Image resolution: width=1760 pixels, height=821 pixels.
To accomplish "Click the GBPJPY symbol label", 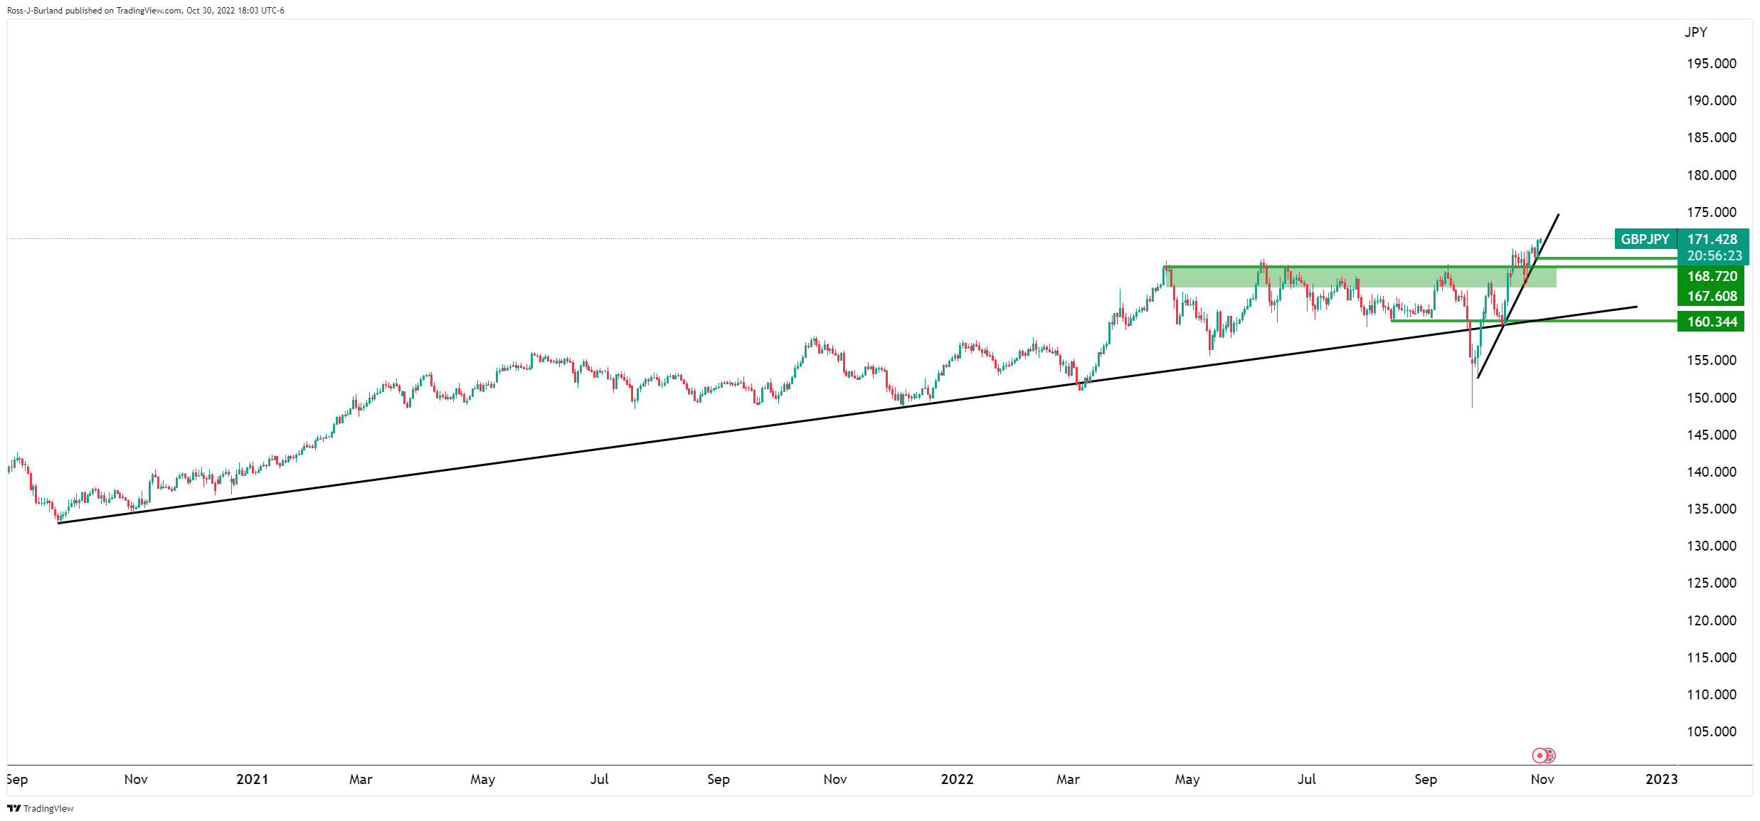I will [x=1645, y=239].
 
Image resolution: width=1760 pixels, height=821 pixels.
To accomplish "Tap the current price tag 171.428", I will [x=1712, y=239].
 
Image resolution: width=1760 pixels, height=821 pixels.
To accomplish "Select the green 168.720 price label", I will [x=1712, y=276].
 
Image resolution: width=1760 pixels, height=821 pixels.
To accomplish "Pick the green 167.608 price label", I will [x=1712, y=296].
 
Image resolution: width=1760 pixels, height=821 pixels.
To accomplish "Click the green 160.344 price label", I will [x=1712, y=322].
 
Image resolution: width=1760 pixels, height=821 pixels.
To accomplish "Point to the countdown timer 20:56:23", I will [x=1714, y=255].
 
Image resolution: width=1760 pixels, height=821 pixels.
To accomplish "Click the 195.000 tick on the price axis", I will [x=1711, y=63].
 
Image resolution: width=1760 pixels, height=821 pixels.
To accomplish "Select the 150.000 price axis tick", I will [x=1711, y=398].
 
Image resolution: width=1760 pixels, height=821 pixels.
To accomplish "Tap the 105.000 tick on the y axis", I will [x=1711, y=731].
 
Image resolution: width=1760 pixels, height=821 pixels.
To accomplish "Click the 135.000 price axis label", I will [x=1711, y=509].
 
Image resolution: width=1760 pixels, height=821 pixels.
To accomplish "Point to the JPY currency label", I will [x=1695, y=32].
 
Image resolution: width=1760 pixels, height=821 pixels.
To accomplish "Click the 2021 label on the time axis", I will [x=252, y=779].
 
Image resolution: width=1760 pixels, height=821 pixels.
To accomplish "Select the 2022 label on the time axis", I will [x=957, y=779].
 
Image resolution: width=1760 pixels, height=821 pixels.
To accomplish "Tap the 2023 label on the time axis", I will [x=1661, y=779].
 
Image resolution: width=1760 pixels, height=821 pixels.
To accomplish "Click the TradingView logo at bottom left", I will [x=41, y=808].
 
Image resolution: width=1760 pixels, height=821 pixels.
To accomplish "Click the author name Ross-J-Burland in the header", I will [x=35, y=11].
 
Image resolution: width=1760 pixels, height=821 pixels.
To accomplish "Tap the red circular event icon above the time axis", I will [x=1539, y=755].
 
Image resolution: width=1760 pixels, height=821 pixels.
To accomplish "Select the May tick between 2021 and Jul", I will [x=482, y=779].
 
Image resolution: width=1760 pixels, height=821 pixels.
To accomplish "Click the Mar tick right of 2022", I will [x=1068, y=779].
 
